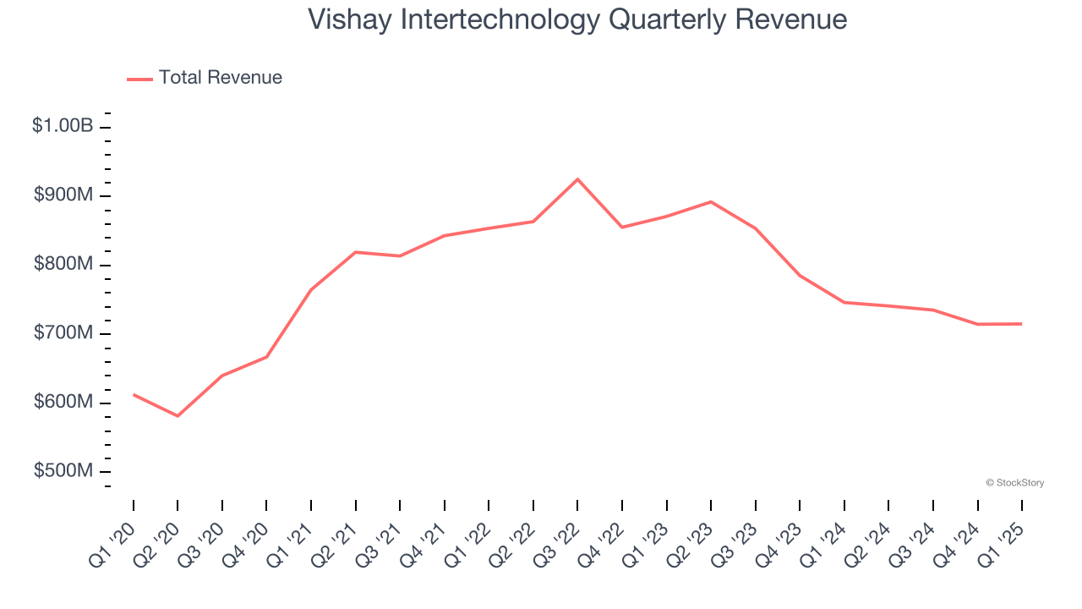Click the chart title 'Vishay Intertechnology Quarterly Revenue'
(x=577, y=19)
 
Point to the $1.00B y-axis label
(x=63, y=126)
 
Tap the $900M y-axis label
(x=63, y=195)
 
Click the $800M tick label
(x=63, y=264)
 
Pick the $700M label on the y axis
(x=63, y=333)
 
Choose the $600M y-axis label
(x=63, y=402)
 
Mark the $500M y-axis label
(x=63, y=470)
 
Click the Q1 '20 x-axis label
(x=112, y=540)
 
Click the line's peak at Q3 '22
(x=577, y=179)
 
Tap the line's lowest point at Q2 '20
(x=178, y=416)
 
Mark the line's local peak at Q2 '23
(x=711, y=201)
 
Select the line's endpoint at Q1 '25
(x=1022, y=324)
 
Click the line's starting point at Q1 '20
(x=134, y=394)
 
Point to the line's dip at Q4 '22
(x=622, y=228)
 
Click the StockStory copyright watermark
(x=1014, y=483)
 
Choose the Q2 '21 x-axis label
(x=334, y=540)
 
